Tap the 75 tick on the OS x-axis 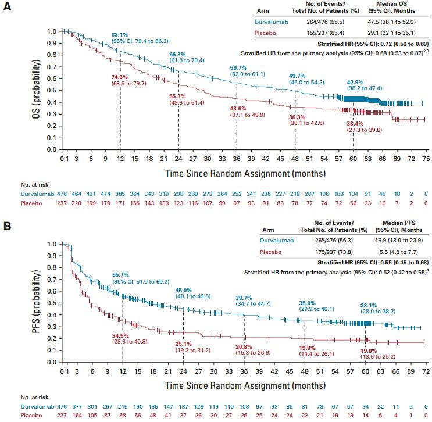[426, 158]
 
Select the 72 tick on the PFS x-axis [426, 371]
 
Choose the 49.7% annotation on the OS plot [297, 76]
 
